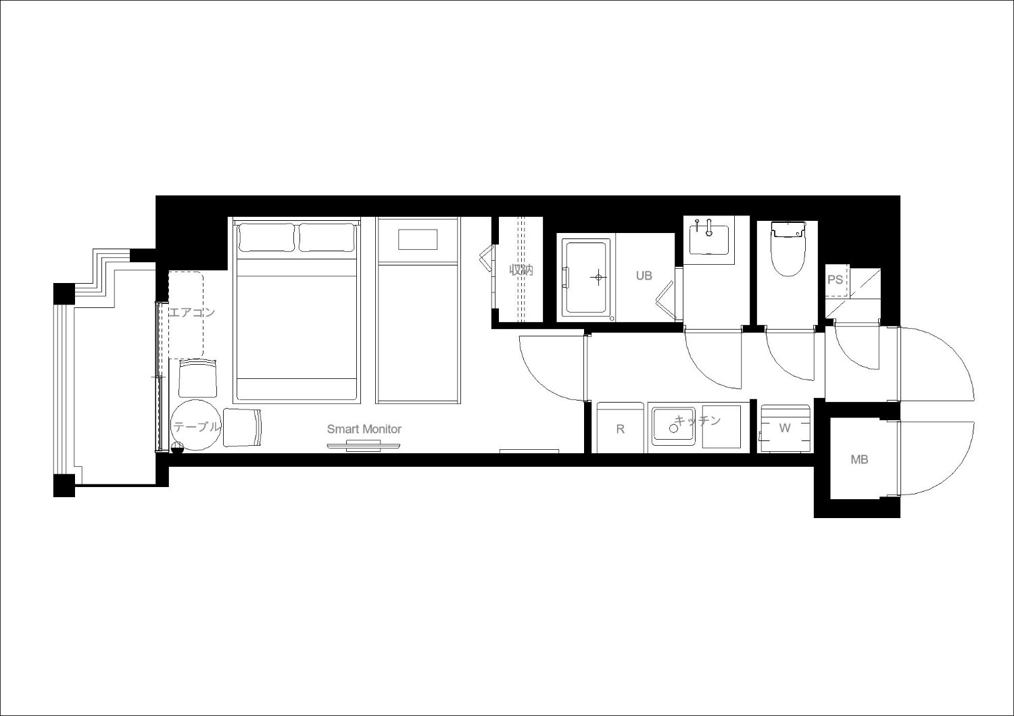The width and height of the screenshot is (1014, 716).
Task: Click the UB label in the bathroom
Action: [644, 276]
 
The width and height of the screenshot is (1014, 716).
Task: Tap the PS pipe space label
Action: [835, 280]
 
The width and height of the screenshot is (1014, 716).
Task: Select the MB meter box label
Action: [859, 459]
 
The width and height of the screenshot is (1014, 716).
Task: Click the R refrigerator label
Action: [620, 429]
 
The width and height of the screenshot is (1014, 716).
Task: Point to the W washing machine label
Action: [784, 428]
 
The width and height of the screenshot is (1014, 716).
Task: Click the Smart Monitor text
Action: [364, 429]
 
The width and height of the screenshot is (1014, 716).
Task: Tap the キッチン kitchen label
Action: [698, 421]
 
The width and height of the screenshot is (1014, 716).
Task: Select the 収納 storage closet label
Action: [521, 270]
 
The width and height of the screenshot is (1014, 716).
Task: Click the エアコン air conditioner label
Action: [191, 312]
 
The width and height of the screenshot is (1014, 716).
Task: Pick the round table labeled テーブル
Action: [197, 425]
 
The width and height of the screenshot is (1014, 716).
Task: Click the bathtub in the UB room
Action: [586, 277]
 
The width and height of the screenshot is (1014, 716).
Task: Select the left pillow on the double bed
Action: [266, 237]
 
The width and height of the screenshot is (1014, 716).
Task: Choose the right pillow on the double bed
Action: [327, 237]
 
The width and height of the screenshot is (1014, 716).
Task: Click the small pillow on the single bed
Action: [418, 239]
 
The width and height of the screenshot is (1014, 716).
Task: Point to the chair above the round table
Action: [197, 378]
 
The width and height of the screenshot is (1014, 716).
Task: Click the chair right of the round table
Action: [243, 428]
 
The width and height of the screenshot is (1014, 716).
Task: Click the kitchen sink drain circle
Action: [673, 428]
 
